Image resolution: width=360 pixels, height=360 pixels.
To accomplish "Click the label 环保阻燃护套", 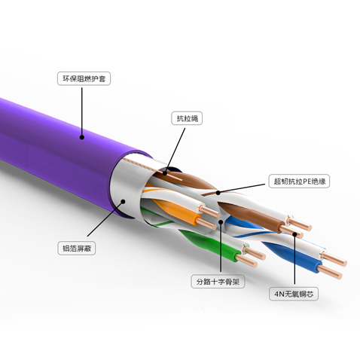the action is pos(84,79).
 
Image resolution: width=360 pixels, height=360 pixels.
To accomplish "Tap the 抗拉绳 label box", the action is pos(187,118).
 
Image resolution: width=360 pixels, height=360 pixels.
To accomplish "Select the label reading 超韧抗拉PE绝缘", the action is pos(299,181).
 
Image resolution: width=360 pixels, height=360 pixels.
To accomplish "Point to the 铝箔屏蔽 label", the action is pos(77,249).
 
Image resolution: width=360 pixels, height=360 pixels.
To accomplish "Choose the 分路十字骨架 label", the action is pos(218,282).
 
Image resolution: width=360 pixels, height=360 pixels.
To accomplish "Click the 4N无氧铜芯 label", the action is pos(294,294).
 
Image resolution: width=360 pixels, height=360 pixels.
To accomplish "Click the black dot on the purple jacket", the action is pos(82,137).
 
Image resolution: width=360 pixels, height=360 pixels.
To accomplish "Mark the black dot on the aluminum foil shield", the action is pos(123,201).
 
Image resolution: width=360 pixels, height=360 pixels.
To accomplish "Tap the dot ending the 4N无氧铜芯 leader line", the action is pos(294,235).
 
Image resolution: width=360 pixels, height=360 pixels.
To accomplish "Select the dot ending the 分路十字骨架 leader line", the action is pos(221,222).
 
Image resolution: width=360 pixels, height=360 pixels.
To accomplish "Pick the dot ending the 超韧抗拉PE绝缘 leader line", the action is pos(218,193).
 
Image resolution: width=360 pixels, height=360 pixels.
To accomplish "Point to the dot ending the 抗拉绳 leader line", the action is pos(165,173).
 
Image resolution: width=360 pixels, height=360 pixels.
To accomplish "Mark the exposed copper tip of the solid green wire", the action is pos(247,261).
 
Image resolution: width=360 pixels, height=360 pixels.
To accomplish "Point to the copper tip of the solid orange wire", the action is pos(206,224).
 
